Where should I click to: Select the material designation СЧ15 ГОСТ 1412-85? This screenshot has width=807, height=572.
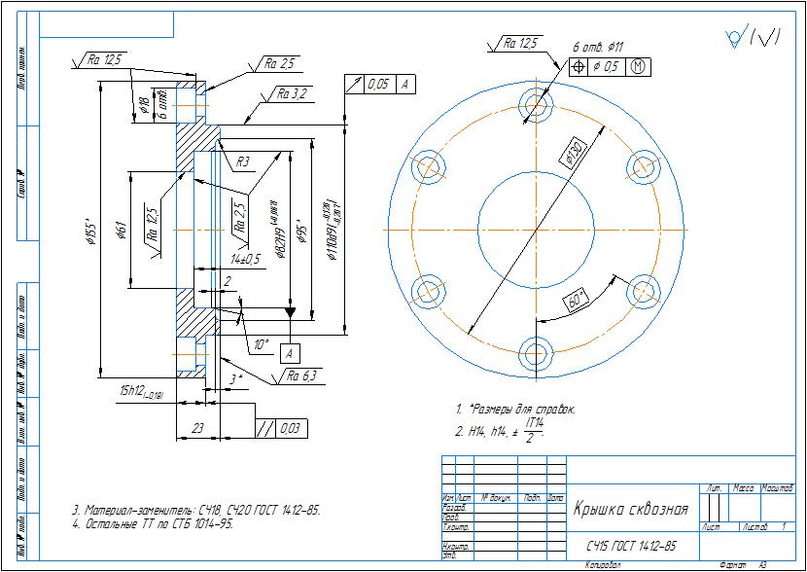coord(630,547)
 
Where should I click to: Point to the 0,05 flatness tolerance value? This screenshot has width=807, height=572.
coord(378,86)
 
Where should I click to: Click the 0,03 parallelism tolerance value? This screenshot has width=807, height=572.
coord(289,428)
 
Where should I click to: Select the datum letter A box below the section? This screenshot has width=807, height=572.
coord(290,352)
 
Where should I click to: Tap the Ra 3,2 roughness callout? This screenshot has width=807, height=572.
coord(292,94)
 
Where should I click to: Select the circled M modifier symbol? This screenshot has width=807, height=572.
coord(638,67)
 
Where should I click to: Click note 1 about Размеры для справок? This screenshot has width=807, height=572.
coord(515,410)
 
